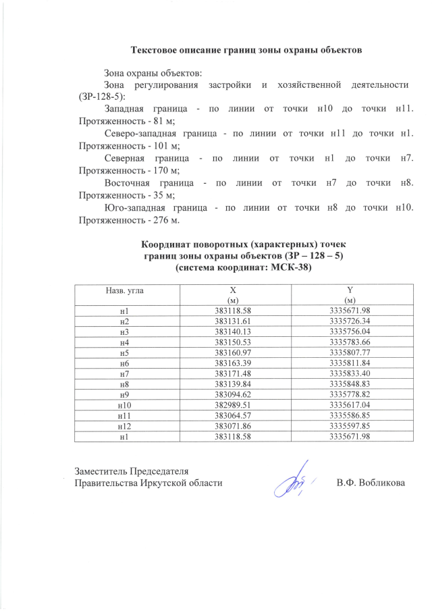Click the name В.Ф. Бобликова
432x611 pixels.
371,483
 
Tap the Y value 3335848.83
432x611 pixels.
350,383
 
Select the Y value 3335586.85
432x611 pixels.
350,414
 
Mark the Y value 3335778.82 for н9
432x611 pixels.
350,394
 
